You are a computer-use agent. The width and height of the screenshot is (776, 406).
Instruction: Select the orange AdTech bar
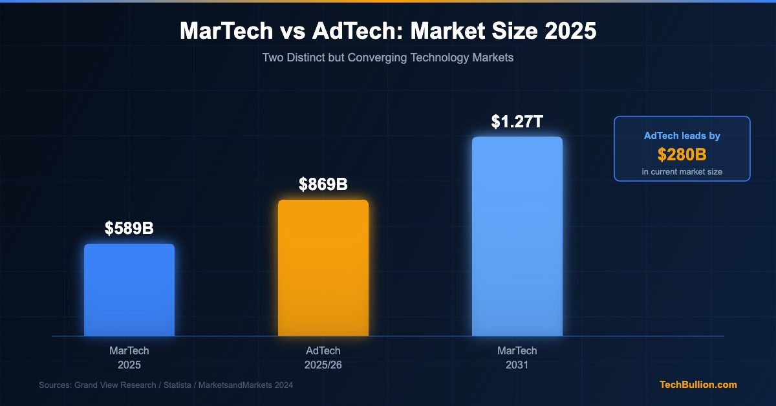point(323,268)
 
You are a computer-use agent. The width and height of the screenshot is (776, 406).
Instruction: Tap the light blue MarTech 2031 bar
point(517,236)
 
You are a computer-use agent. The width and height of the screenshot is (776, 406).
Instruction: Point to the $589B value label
point(129,228)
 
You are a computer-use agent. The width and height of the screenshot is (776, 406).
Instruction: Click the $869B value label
point(323,184)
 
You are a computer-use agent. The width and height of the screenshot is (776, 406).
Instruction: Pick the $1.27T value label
point(517,121)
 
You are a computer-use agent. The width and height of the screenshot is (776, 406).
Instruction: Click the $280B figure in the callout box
point(682,155)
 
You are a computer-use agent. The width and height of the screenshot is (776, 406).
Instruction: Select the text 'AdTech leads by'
point(682,136)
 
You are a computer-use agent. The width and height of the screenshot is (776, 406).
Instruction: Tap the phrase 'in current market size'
point(682,171)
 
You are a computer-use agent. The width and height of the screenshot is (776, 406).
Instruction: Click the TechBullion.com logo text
point(698,385)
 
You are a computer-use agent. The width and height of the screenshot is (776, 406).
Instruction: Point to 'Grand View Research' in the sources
point(116,385)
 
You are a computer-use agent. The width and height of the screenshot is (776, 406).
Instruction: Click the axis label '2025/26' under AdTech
point(323,365)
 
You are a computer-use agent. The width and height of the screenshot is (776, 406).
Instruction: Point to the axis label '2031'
point(517,365)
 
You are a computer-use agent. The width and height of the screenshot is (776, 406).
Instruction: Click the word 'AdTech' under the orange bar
point(323,351)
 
